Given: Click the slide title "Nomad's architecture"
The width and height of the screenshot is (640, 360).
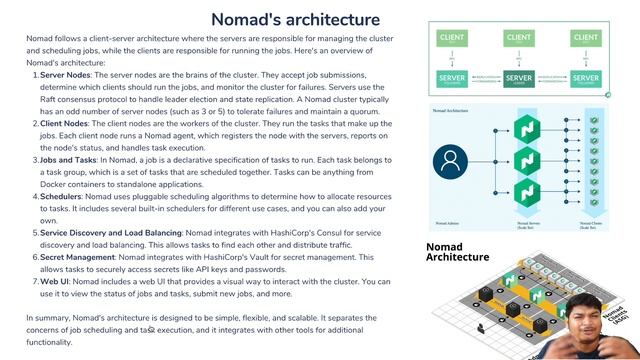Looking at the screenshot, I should pyautogui.click(x=295, y=19).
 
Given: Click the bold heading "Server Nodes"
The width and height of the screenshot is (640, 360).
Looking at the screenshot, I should pyautogui.click(x=65, y=75).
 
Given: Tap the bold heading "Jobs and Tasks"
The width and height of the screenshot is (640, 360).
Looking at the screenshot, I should pyautogui.click(x=68, y=159).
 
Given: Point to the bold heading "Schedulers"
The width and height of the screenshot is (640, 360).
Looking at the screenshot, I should pyautogui.click(x=61, y=196).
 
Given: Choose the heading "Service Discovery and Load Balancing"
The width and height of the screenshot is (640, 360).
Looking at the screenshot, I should pyautogui.click(x=110, y=233).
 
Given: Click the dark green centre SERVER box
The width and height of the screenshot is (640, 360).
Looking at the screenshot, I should pyautogui.click(x=518, y=78).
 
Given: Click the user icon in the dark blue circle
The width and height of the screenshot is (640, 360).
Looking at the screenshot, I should pyautogui.click(x=450, y=160).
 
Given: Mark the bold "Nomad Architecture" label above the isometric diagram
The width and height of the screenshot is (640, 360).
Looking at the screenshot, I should pyautogui.click(x=458, y=251).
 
